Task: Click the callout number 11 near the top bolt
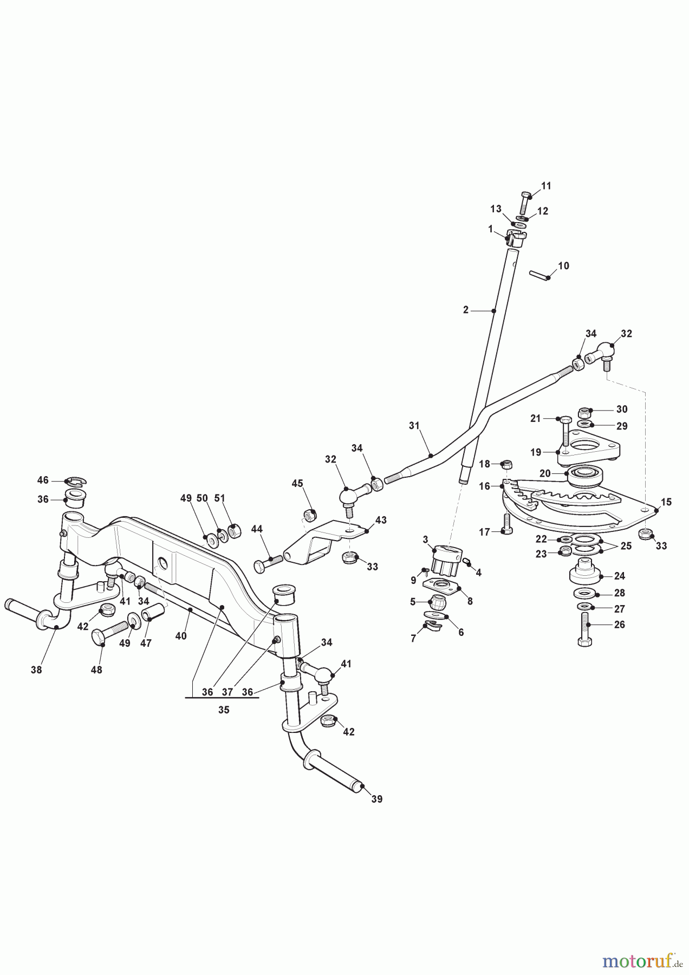point(546,186)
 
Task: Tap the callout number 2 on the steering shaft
point(466,310)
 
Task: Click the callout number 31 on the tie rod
point(414,426)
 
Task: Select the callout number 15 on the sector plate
point(666,502)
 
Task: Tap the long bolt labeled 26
point(584,628)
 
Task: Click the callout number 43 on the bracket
point(381,520)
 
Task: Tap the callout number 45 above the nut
point(297,483)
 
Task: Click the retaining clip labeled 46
point(74,481)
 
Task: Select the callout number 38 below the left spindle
point(36,670)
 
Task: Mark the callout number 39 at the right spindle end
point(376,799)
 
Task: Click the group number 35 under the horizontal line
point(224,710)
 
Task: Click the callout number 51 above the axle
point(220,498)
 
